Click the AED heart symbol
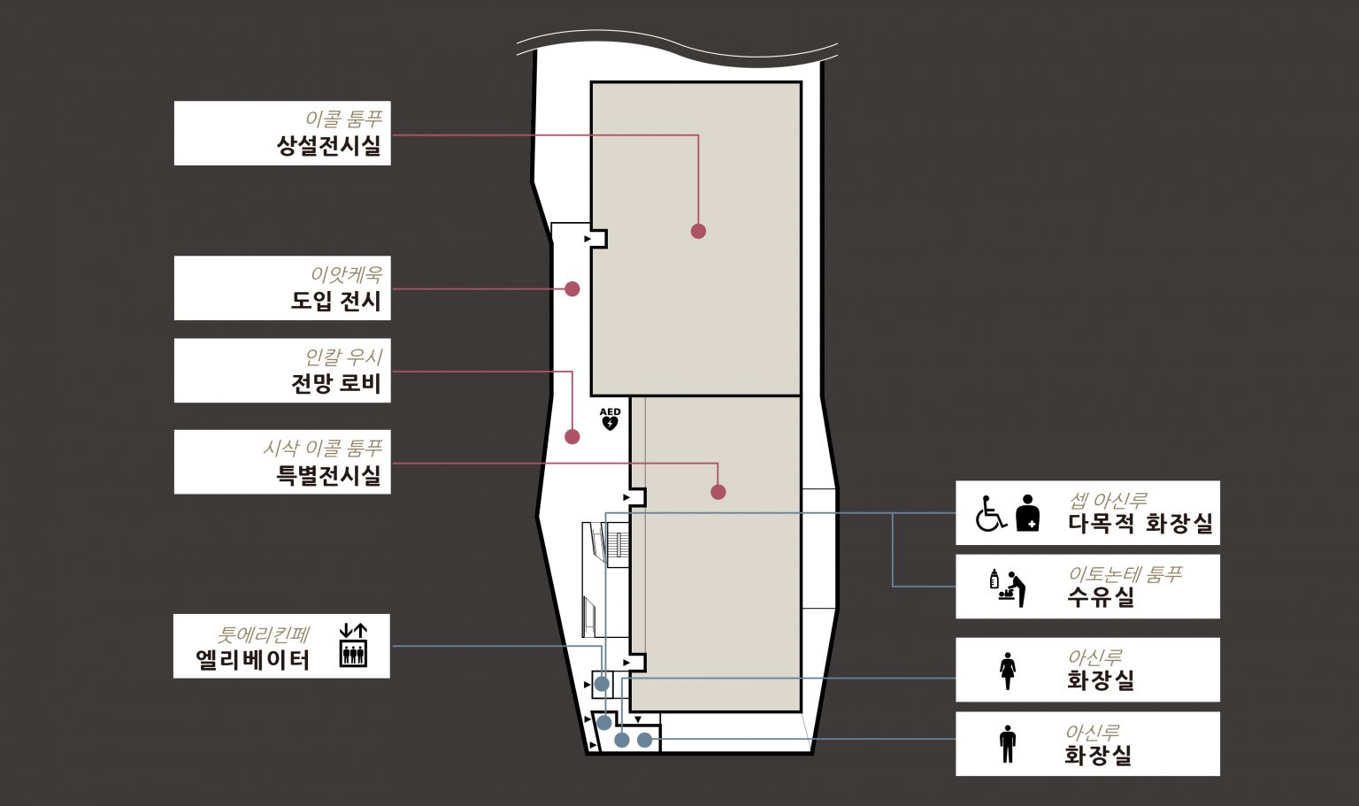pyautogui.click(x=610, y=423)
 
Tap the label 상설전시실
pyautogui.click(x=328, y=146)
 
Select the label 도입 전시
pyautogui.click(x=335, y=301)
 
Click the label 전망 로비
pyautogui.click(x=335, y=383)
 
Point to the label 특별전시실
pyautogui.click(x=328, y=475)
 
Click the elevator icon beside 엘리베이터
pyautogui.click(x=353, y=645)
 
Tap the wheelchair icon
pyautogui.click(x=991, y=513)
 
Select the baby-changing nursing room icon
pyautogui.click(x=1008, y=587)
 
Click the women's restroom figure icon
pyautogui.click(x=1008, y=671)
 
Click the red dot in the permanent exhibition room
pyautogui.click(x=698, y=231)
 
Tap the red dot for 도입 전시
pyautogui.click(x=572, y=288)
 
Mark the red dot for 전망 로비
pyautogui.click(x=572, y=437)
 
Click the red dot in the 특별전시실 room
pyautogui.click(x=718, y=492)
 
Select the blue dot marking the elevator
pyautogui.click(x=602, y=684)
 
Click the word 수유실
pyautogui.click(x=1102, y=597)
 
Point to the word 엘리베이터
pyautogui.click(x=253, y=660)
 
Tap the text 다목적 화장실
pyautogui.click(x=1140, y=523)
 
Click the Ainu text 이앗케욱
pyautogui.click(x=347, y=275)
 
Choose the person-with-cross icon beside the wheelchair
pyautogui.click(x=1028, y=513)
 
